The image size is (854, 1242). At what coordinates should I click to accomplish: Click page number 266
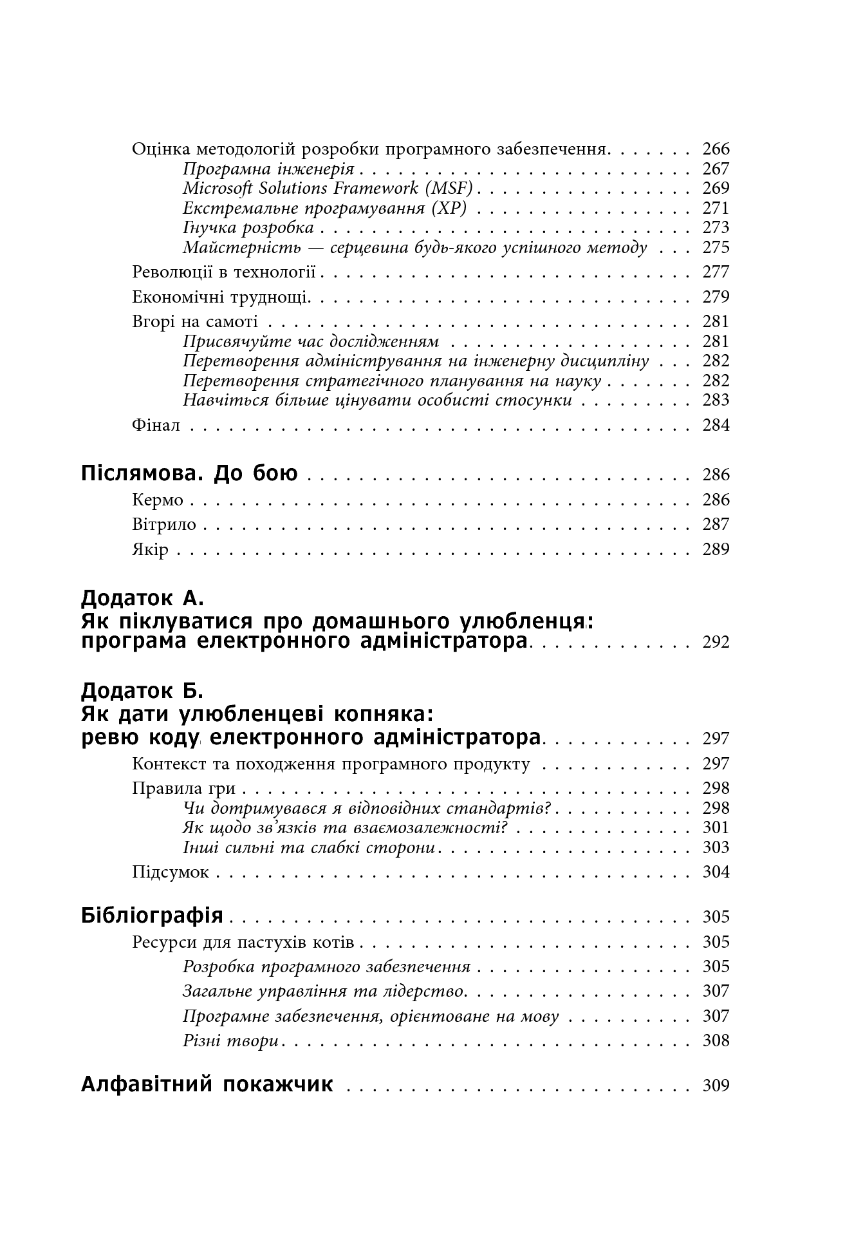pos(716,149)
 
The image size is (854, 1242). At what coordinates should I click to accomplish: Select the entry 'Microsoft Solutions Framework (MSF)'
pos(328,188)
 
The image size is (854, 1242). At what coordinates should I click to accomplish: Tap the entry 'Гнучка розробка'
pos(248,228)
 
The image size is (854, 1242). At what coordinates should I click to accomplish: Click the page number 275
pos(716,248)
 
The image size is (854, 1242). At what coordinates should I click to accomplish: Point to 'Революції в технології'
pos(224,272)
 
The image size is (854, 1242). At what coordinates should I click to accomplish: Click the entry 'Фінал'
pos(156,425)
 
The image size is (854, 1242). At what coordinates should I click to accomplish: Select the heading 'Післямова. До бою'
pos(189,474)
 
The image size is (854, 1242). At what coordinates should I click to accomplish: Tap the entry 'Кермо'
pos(158,500)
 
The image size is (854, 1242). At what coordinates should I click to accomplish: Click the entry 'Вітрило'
pos(164,524)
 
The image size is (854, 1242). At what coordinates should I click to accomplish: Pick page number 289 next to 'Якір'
pos(716,549)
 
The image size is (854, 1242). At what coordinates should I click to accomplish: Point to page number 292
pos(716,642)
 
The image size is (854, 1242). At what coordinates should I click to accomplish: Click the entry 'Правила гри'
pos(183,788)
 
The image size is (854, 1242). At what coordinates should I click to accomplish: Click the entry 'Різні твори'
pos(230,1040)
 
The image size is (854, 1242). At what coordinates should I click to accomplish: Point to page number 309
pos(716,1086)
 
